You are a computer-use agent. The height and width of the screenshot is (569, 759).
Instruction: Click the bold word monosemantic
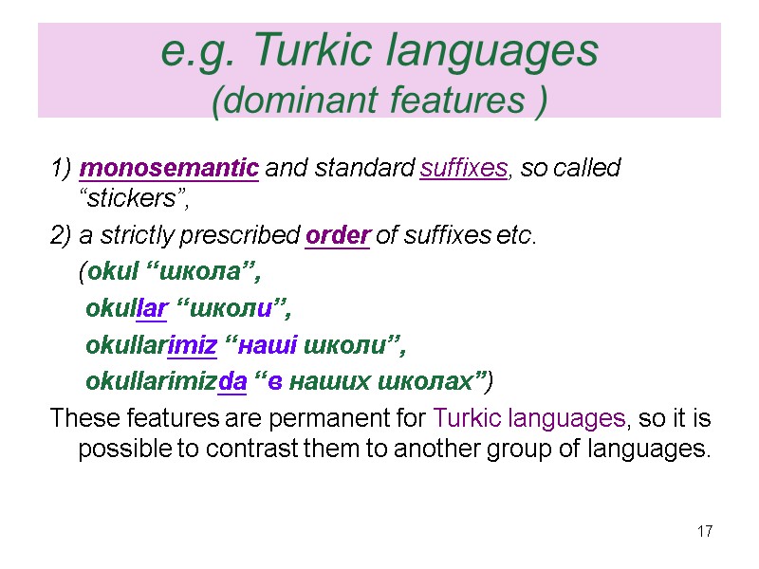170,169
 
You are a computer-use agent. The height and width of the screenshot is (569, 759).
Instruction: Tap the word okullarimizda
167,382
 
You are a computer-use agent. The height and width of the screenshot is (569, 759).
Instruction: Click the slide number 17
704,531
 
